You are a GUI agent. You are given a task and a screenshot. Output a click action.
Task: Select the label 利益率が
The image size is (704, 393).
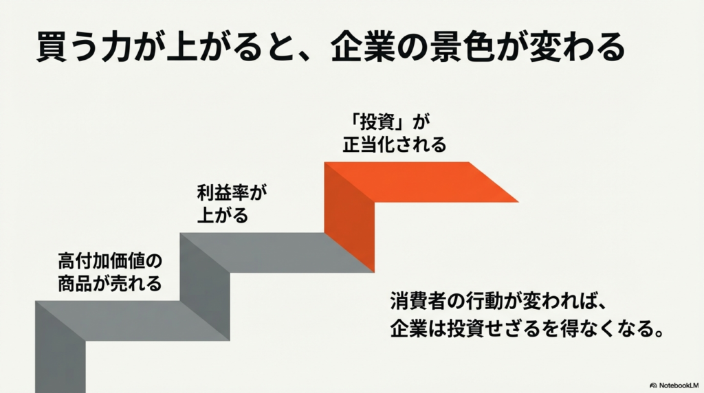coord(231,194)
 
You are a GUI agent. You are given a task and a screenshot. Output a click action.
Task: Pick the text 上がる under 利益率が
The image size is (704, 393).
coord(221,215)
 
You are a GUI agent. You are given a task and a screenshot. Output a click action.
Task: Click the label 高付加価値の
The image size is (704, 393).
coord(110,261)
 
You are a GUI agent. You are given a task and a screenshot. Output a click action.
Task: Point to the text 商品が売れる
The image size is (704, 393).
coord(110,282)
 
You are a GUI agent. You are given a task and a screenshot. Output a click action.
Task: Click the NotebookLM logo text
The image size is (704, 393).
coord(676,385)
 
